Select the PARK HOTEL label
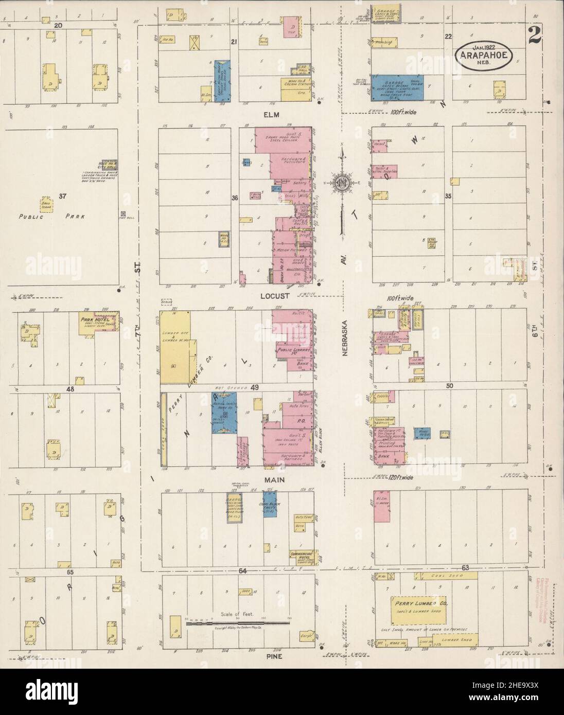[93, 319]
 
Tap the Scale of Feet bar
[238, 622]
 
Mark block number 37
[63, 196]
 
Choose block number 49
[254, 387]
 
